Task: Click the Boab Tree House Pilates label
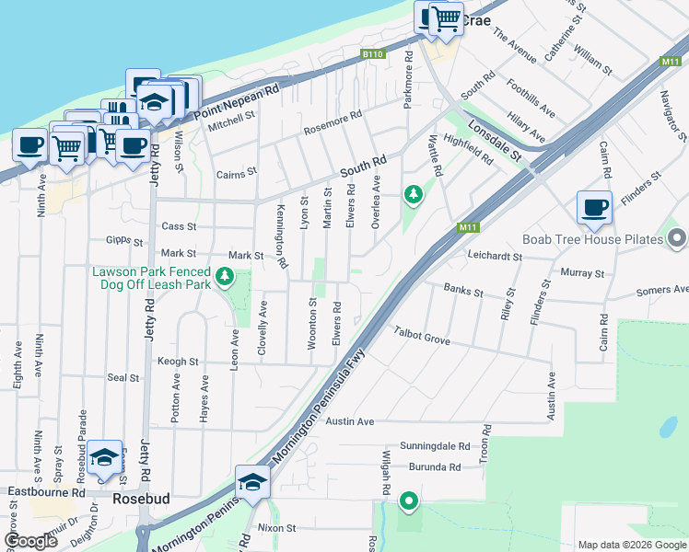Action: pyautogui.click(x=593, y=239)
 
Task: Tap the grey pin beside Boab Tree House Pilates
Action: pyautogui.click(x=677, y=239)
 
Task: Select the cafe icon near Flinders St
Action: pyautogui.click(x=594, y=208)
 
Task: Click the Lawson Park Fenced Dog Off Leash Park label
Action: pyautogui.click(x=151, y=278)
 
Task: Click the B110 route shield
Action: pyautogui.click(x=372, y=55)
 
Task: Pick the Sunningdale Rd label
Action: pyautogui.click(x=435, y=446)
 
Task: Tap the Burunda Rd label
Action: pyautogui.click(x=435, y=467)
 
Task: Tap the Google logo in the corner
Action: pyautogui.click(x=30, y=541)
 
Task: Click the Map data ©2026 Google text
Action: pyautogui.click(x=631, y=545)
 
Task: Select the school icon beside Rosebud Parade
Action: pyautogui.click(x=105, y=457)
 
